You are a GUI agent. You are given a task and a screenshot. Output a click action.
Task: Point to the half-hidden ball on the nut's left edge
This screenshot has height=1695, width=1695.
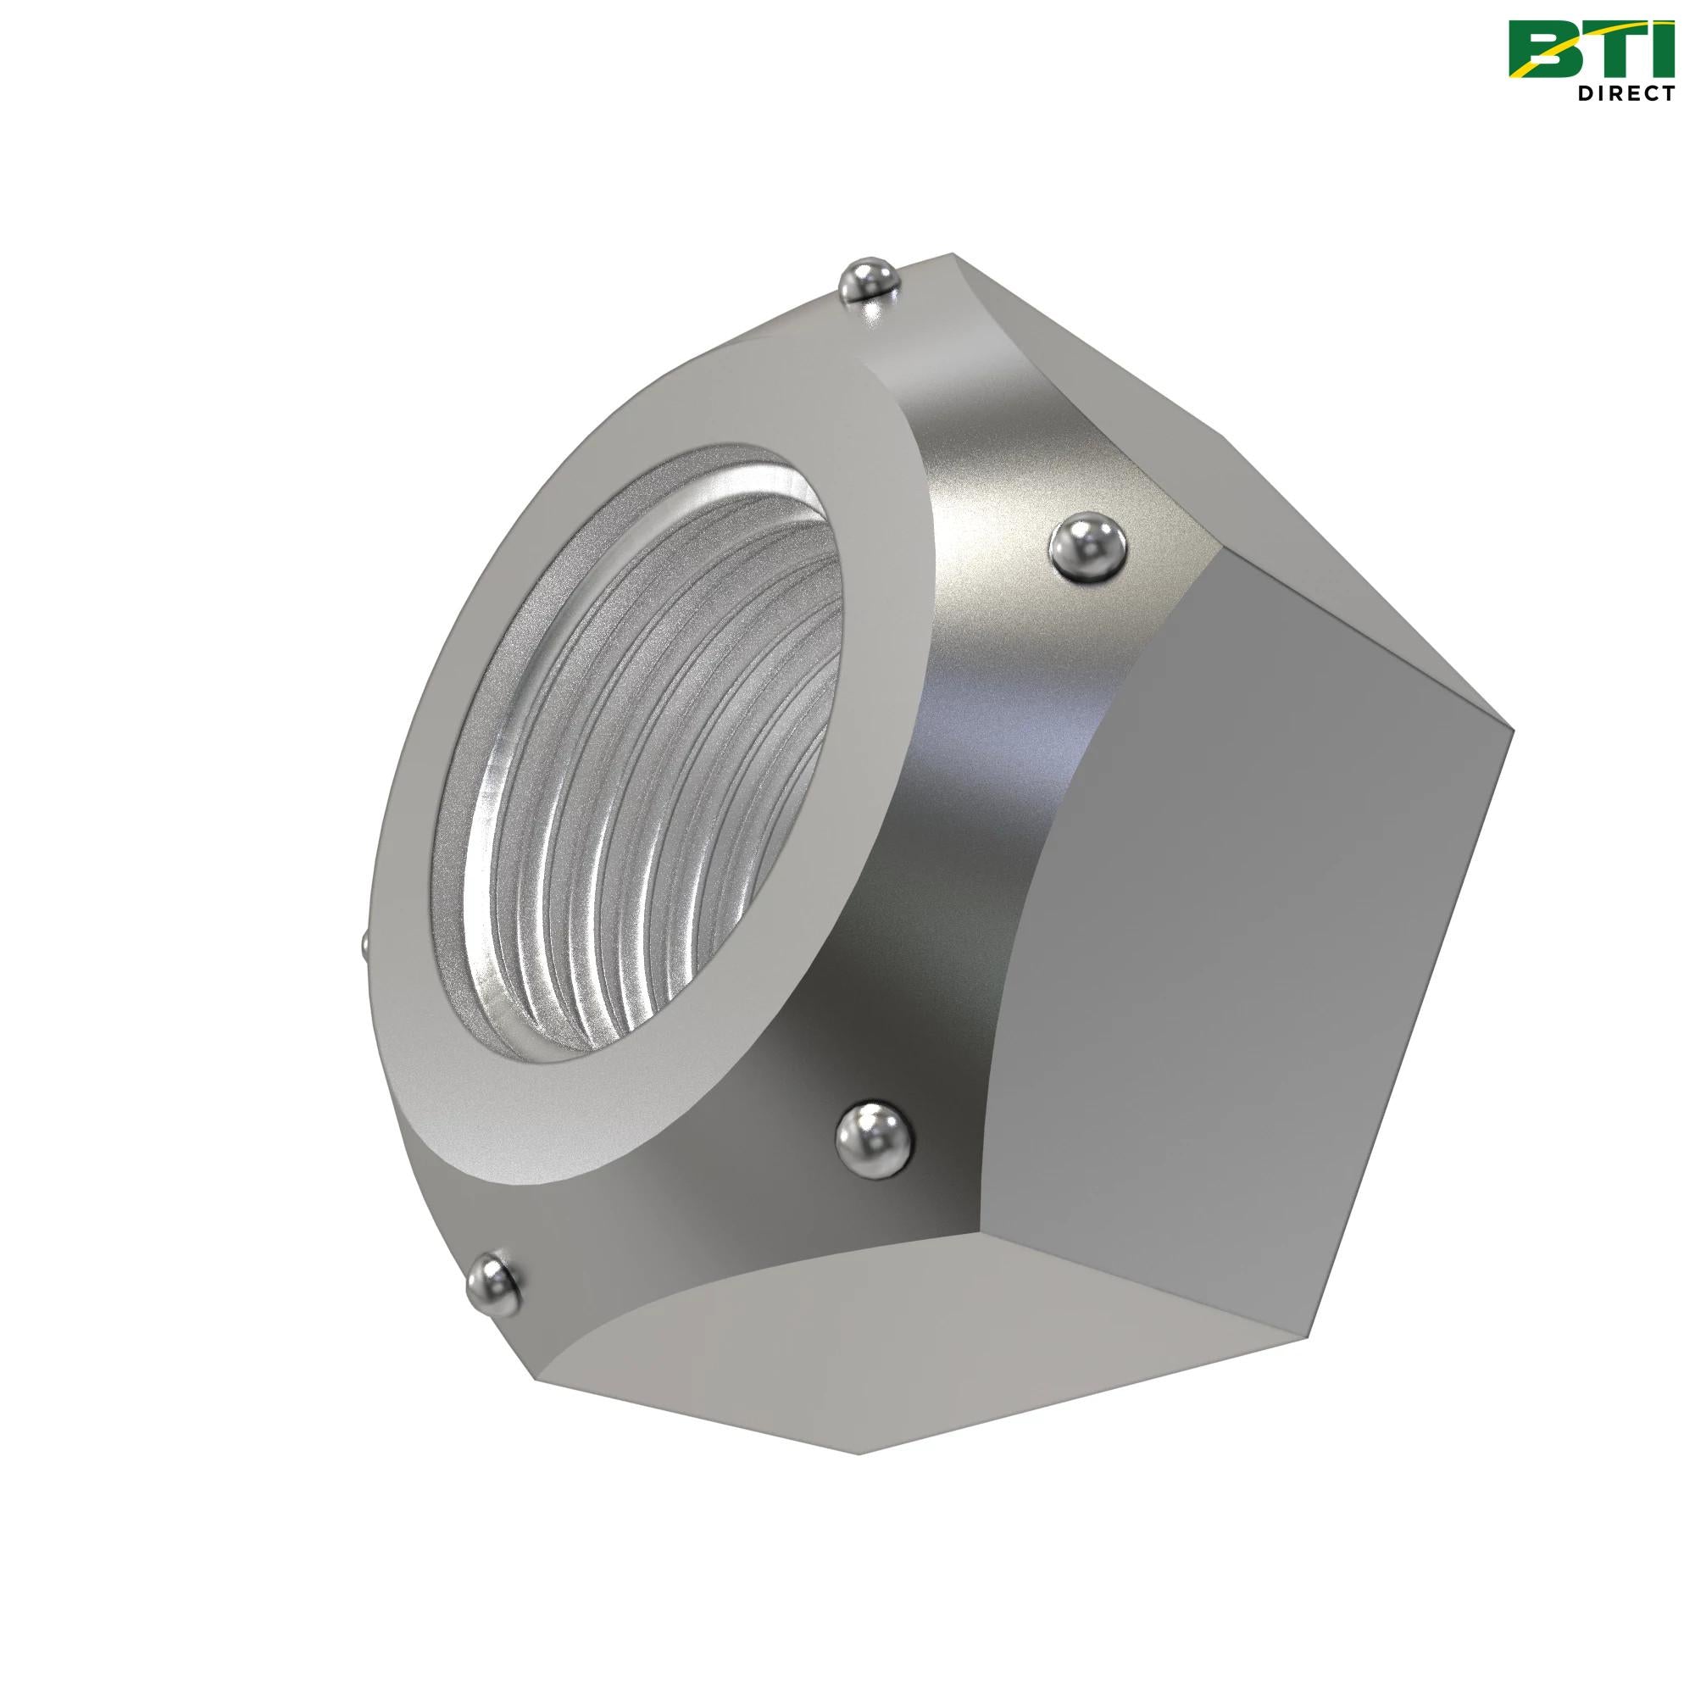click(x=364, y=945)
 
